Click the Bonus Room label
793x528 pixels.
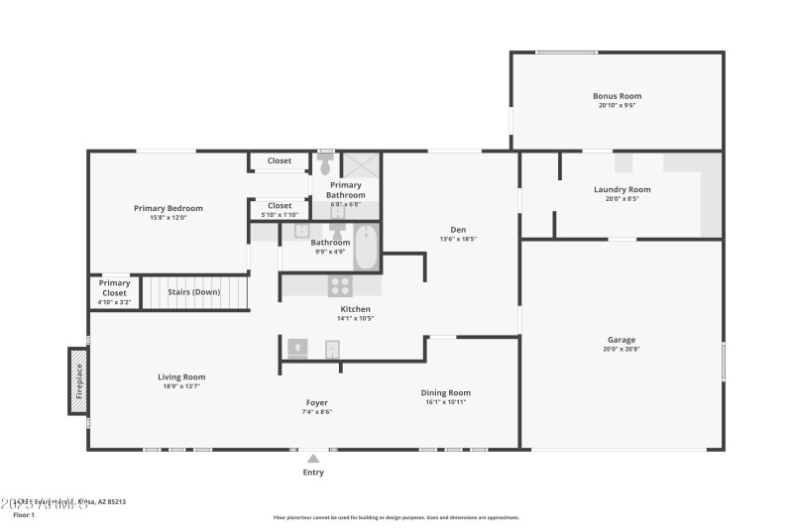pyautogui.click(x=617, y=96)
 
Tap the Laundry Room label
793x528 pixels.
pyautogui.click(x=622, y=189)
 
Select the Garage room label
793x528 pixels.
pyautogui.click(x=622, y=340)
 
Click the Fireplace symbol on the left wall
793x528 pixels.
pyautogui.click(x=78, y=380)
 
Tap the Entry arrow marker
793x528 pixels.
pyautogui.click(x=313, y=459)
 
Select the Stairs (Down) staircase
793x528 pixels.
pyautogui.click(x=194, y=292)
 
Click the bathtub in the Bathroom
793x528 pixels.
pyautogui.click(x=366, y=246)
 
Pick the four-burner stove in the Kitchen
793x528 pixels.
pyautogui.click(x=340, y=285)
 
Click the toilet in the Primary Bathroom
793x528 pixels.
pyautogui.click(x=325, y=164)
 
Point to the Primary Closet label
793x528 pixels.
pyautogui.click(x=114, y=288)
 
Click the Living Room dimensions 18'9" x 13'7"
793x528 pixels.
pyautogui.click(x=181, y=385)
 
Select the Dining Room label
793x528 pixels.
pyautogui.click(x=446, y=392)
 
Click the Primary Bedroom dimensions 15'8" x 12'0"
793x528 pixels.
pyautogui.click(x=168, y=217)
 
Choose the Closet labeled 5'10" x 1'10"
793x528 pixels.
pyautogui.click(x=280, y=209)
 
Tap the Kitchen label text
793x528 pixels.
pyautogui.click(x=355, y=309)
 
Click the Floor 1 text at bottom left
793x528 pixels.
pyautogui.click(x=24, y=515)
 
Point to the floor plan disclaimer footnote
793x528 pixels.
pyautogui.click(x=396, y=517)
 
